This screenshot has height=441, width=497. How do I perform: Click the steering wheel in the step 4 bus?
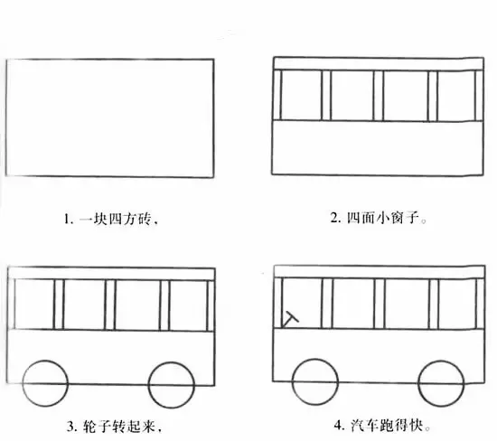290,319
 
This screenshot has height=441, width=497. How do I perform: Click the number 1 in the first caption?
67,219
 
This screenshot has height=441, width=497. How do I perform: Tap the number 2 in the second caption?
333,218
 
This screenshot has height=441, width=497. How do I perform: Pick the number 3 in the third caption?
70,427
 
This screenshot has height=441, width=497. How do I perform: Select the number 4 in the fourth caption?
338,425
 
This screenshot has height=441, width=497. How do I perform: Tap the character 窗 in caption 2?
397,218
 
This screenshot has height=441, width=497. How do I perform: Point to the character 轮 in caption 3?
89,427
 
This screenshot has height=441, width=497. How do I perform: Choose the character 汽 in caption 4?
357,425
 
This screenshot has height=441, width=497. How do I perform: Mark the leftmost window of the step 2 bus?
301,95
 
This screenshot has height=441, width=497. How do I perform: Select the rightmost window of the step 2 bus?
456,96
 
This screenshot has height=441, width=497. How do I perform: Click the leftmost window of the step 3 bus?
34,305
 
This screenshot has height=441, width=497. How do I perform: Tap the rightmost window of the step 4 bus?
458,304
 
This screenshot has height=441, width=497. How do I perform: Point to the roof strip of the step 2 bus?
379,64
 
